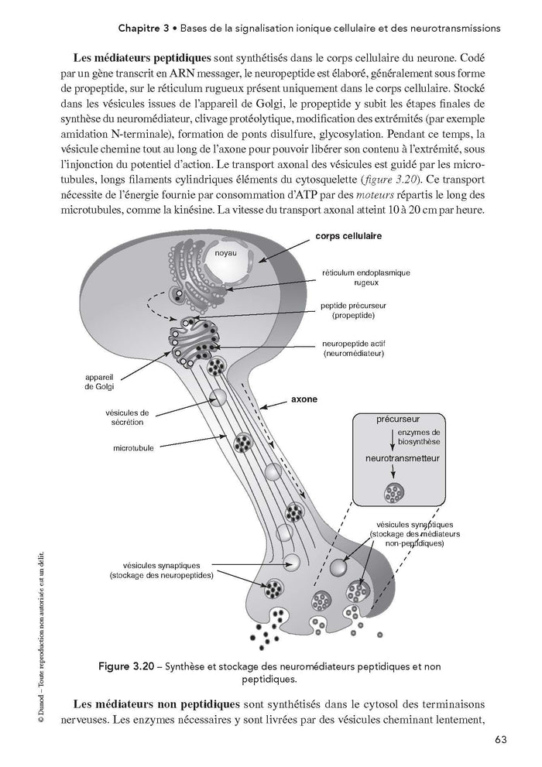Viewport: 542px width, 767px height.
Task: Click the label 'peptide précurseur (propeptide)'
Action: coord(358,311)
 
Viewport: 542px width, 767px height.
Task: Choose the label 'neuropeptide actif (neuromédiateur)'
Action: coord(359,348)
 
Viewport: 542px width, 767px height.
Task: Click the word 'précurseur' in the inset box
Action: coord(398,423)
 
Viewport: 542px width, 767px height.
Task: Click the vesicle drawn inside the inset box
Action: coord(394,491)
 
